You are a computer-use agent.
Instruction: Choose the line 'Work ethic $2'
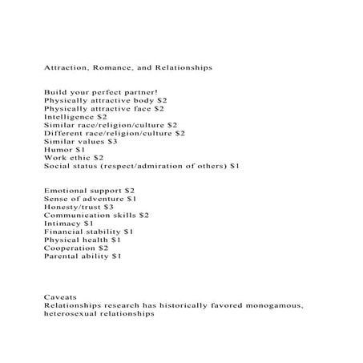pos(75,158)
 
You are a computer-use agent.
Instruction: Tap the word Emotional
pos(66,191)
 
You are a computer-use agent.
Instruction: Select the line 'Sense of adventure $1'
pos(91,199)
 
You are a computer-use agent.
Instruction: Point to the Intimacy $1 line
pos(69,224)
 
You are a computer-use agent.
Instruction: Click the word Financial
pos(64,232)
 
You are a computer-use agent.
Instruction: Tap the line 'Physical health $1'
pos(83,240)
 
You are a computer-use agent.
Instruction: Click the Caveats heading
pos(60,297)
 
